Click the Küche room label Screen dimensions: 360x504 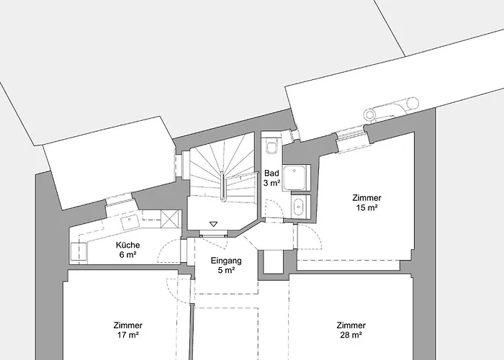[x=127, y=245]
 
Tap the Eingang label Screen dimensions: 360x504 [x=225, y=260]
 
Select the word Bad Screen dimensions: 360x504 [x=271, y=173]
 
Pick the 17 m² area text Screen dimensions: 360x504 [x=127, y=335]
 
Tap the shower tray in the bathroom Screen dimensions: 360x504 [x=295, y=179]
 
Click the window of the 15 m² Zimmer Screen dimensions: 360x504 [x=353, y=138]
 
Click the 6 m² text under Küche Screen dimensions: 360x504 [x=127, y=255]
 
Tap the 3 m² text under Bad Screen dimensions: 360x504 [x=271, y=184]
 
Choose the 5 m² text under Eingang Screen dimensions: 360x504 [x=225, y=271]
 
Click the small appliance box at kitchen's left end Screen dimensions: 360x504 [x=78, y=251]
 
